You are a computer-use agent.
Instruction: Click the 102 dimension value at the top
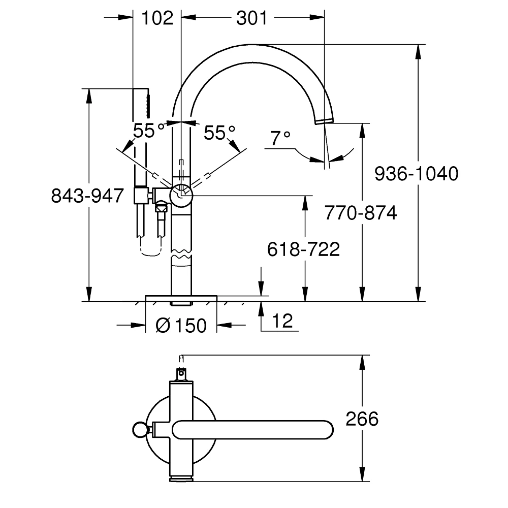pyautogui.click(x=157, y=18)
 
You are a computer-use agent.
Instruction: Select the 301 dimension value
pyautogui.click(x=251, y=18)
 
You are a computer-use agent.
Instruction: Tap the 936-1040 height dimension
pyautogui.click(x=416, y=174)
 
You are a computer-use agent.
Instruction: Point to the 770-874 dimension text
pyautogui.click(x=360, y=213)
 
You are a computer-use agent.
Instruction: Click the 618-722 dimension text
pyautogui.click(x=303, y=249)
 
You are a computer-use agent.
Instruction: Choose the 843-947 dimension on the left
pyautogui.click(x=88, y=196)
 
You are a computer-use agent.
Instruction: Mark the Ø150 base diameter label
pyautogui.click(x=181, y=325)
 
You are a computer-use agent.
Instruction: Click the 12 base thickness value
pyautogui.click(x=283, y=322)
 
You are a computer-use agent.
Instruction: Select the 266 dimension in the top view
pyautogui.click(x=362, y=419)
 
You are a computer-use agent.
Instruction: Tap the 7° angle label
pyautogui.click(x=279, y=138)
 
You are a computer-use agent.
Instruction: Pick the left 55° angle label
pyautogui.click(x=148, y=131)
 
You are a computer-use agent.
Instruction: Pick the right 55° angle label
pyautogui.click(x=219, y=133)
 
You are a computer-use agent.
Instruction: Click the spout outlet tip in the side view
pyautogui.click(x=323, y=120)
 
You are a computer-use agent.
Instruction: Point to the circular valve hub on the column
pyautogui.click(x=181, y=195)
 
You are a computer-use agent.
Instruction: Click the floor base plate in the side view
pyautogui.click(x=181, y=297)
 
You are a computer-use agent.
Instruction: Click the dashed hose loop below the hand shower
pyautogui.click(x=150, y=249)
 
